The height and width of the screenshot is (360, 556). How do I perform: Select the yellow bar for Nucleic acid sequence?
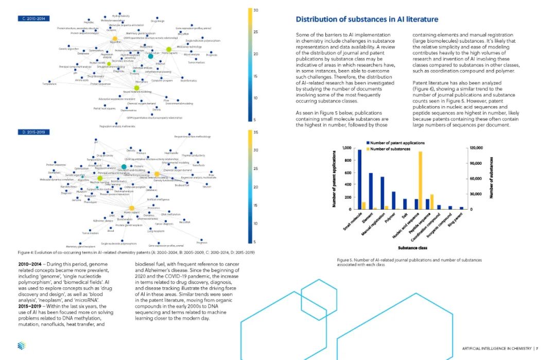tap(421, 180)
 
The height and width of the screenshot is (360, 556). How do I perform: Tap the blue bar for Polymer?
tap(394, 200)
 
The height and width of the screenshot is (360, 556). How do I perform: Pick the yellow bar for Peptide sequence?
tap(432, 201)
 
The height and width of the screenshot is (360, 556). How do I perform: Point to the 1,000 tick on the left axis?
tap(346, 148)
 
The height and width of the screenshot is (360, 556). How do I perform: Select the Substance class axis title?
tap(411, 248)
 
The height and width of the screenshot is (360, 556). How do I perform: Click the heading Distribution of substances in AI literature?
tap(367, 20)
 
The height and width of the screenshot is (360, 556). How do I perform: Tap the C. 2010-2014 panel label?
tap(32, 19)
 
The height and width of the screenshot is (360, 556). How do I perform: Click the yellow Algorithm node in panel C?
tap(115, 38)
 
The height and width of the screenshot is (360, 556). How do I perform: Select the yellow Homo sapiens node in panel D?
tap(130, 207)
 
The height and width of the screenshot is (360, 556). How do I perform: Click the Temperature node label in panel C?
tap(49, 83)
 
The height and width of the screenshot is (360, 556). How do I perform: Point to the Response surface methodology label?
tap(193, 136)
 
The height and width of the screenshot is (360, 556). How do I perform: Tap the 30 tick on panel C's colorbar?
tap(256, 11)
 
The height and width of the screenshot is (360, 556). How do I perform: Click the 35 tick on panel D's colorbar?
tap(256, 132)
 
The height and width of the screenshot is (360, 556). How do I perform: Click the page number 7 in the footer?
tap(536, 348)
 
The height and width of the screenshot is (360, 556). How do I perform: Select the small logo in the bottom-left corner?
tap(21, 346)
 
